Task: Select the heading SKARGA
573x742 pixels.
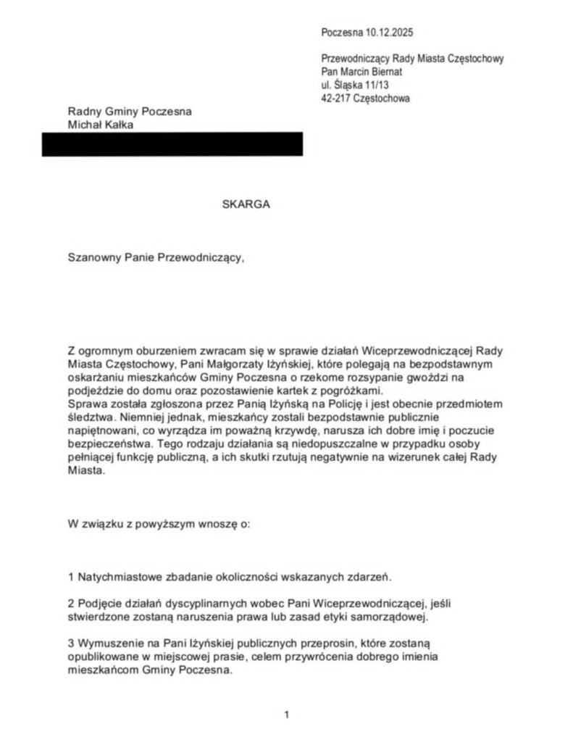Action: [246, 204]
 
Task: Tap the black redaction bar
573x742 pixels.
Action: [172, 144]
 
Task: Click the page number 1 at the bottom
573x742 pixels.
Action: [287, 715]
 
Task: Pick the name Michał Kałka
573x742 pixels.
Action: [101, 125]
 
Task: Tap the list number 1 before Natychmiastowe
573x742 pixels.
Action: [71, 577]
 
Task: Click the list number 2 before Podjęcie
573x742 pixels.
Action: [71, 603]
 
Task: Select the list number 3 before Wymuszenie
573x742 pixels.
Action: [71, 643]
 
